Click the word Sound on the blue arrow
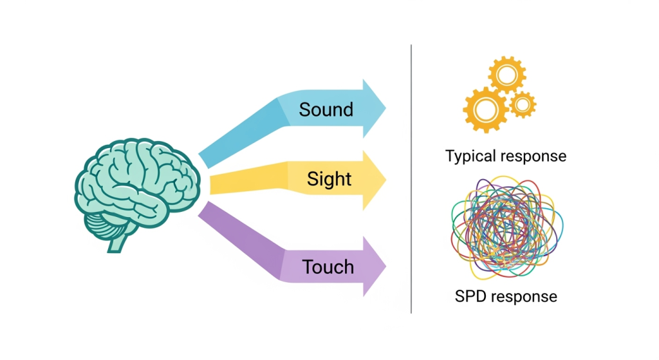point(326,109)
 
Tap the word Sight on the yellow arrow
point(329,178)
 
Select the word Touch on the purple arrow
point(328,267)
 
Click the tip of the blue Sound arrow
point(385,108)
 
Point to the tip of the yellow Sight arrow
point(385,180)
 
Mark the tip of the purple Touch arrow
point(385,266)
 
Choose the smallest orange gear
point(522,104)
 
